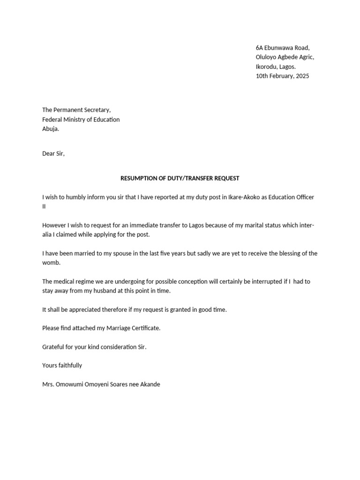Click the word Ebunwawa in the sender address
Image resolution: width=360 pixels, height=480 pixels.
(280, 48)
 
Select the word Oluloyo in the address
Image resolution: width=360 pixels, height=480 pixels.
(266, 57)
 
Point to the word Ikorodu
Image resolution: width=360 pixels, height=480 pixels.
(267, 67)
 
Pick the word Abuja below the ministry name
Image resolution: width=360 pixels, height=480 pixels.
(51, 129)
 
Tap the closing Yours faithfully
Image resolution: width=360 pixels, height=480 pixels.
(62, 366)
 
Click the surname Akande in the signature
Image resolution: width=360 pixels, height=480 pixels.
(149, 384)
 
